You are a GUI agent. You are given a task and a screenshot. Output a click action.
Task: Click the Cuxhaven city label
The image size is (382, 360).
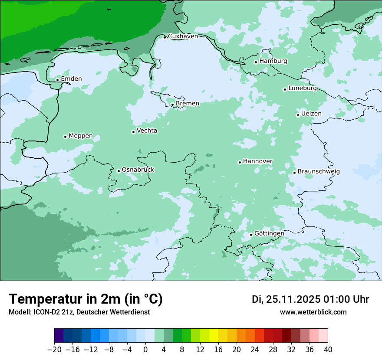coord(183,36)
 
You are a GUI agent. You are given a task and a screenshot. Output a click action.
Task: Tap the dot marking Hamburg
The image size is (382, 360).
coord(256,62)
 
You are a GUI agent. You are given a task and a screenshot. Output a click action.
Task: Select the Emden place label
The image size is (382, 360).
coord(71,79)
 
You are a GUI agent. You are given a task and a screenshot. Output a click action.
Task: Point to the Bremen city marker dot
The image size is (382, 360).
coord(172,105)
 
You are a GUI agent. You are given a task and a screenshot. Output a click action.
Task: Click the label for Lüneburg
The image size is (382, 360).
coord(302,88)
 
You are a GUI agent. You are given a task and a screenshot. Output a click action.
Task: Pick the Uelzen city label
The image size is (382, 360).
coord(311,114)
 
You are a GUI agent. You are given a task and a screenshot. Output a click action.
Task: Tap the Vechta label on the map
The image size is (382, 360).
coord(147,131)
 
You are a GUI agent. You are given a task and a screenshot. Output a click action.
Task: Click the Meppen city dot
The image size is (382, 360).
coord(65,137)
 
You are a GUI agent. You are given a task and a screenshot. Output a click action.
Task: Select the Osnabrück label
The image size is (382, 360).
coord(138,170)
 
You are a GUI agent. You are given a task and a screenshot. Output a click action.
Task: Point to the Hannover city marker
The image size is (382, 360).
coord(240,162)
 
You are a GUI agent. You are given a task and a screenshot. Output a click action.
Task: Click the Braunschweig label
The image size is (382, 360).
coord(319,171)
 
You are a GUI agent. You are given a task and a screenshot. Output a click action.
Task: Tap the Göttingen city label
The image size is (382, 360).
coord(269,233)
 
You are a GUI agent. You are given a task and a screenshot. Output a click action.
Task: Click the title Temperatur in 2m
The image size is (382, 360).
coord(86,299)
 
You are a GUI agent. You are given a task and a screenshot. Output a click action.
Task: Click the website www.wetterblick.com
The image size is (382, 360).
coord(313,312)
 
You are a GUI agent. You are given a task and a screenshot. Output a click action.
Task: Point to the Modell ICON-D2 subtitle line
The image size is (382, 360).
coord(79,312)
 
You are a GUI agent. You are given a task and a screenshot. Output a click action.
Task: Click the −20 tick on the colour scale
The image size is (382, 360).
coord(54,349)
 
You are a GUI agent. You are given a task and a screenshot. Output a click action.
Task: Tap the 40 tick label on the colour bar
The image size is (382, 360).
coord(328,349)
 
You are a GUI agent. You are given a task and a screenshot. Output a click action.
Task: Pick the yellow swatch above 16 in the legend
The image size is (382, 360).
coord(214,336)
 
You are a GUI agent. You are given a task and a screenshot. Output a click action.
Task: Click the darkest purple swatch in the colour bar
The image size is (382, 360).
coord(59,336)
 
